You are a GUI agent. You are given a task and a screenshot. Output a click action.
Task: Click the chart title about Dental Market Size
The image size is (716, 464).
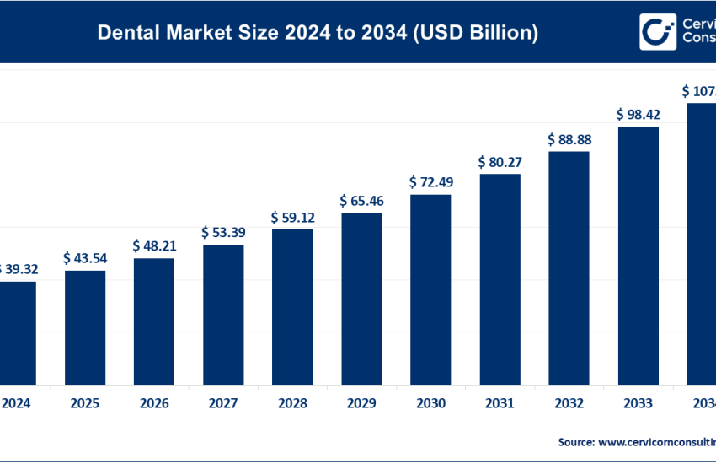(x=318, y=33)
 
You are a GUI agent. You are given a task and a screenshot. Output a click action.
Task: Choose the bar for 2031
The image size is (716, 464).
(x=500, y=278)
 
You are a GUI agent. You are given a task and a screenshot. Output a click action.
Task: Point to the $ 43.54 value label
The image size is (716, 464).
(x=85, y=258)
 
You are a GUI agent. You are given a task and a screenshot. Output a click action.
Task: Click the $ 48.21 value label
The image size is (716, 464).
(x=154, y=245)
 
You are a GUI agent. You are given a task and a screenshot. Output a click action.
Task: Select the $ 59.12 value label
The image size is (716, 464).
(x=292, y=217)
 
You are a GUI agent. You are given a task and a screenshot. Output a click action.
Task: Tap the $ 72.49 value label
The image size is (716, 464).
(x=430, y=182)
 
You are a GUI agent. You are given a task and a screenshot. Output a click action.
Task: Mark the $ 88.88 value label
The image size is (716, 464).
(x=569, y=139)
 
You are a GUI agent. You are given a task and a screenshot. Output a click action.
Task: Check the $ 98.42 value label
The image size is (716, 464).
(x=638, y=113)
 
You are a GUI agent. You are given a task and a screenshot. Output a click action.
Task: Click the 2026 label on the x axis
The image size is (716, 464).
(x=154, y=403)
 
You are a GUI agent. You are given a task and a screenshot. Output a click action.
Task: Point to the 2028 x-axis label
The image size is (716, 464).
(x=292, y=403)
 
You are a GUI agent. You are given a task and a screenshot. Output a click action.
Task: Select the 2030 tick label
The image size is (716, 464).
(x=430, y=403)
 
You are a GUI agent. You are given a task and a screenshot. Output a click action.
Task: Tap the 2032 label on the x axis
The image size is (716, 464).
(x=569, y=403)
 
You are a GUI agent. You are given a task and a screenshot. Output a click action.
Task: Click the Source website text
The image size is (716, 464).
(x=636, y=441)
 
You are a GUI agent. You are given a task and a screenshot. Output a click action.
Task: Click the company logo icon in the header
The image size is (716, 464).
(x=657, y=32)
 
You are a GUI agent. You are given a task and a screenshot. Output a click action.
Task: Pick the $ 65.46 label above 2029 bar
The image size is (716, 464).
(x=361, y=201)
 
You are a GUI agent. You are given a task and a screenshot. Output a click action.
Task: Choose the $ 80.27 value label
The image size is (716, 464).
(x=500, y=161)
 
